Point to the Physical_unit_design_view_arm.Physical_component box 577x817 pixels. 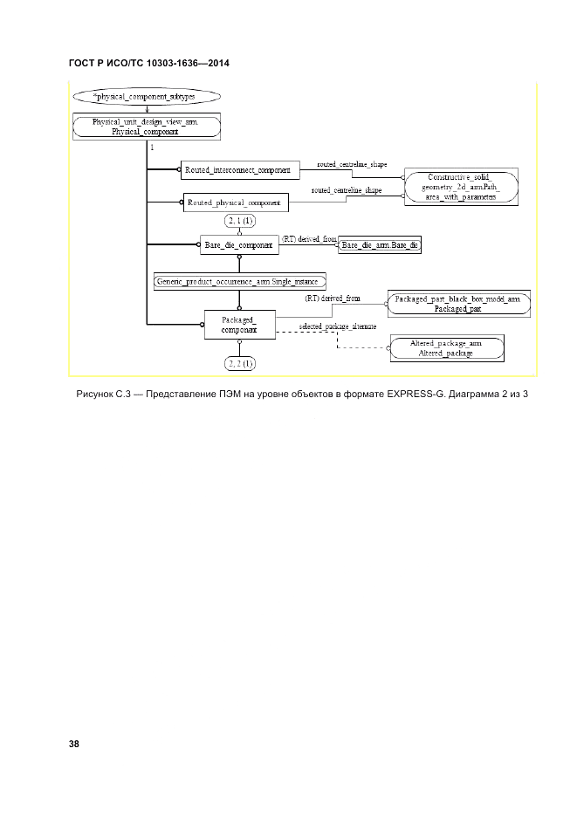coord(145,127)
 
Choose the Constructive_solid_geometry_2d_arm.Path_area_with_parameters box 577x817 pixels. coord(461,185)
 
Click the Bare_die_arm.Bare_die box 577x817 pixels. coord(380,246)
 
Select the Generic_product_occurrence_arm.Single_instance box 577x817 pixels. coord(239,281)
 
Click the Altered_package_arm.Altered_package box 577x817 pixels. coord(446,348)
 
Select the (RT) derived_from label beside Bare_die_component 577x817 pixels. coord(308,238)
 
